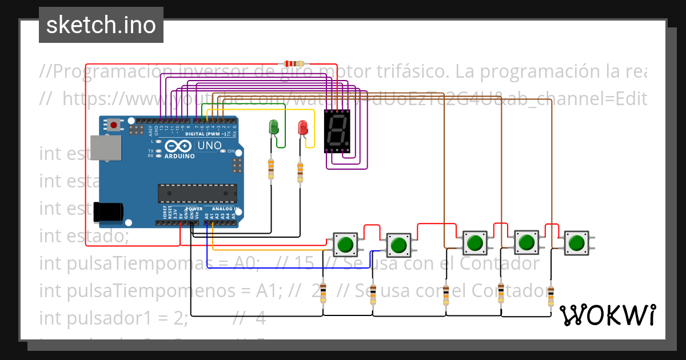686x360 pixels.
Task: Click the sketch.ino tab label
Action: (101, 25)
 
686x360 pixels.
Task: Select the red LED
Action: (303, 128)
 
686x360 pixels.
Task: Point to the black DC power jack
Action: (108, 211)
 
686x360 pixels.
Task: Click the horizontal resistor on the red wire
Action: (291, 64)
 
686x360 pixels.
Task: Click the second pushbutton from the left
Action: (397, 245)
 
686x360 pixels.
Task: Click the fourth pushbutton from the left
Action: (525, 243)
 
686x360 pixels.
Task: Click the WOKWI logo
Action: (607, 315)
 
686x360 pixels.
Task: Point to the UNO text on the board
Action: (209, 146)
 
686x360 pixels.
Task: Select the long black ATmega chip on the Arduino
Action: (197, 194)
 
